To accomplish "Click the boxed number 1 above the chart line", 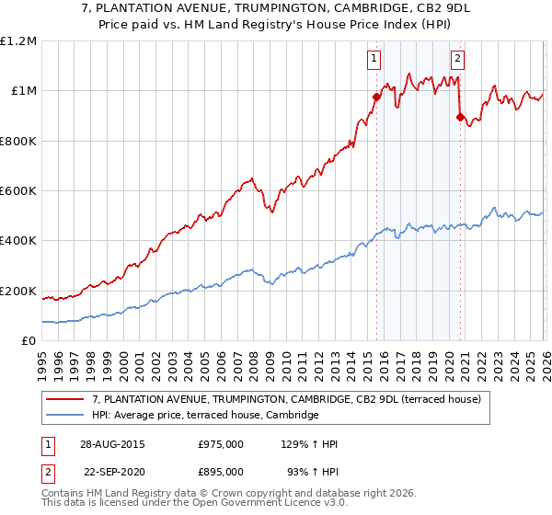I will click(375, 60).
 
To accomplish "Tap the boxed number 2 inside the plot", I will click(457, 60).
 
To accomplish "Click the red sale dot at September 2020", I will click(459, 117).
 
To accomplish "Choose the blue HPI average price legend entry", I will click(203, 416).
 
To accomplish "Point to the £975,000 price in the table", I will click(221, 443).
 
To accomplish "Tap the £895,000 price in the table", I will click(221, 471).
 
